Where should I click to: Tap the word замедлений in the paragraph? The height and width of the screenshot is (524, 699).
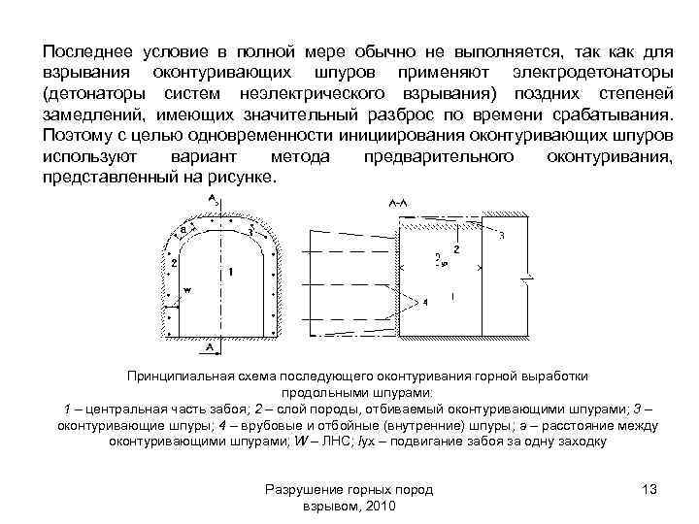coord(96,115)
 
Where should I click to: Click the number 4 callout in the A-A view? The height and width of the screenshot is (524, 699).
coord(424,302)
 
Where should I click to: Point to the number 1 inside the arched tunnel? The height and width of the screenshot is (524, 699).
coord(229,273)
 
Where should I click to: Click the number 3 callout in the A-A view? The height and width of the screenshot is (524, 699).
coord(500,236)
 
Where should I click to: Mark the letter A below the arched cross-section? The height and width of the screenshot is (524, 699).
coord(210,344)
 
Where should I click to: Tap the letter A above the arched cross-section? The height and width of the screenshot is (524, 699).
coord(211,199)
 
